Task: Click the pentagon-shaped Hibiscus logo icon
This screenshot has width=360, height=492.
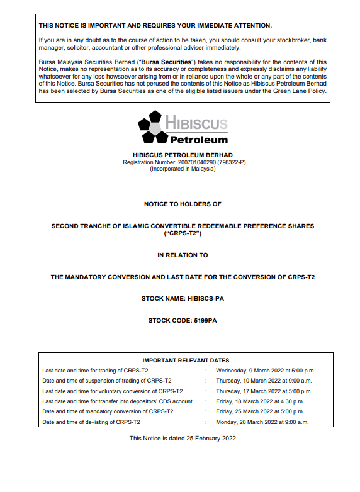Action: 151,126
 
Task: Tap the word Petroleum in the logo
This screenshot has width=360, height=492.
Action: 198,139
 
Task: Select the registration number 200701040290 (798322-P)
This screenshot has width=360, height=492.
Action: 184,162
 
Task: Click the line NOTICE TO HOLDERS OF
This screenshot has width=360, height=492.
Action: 183,204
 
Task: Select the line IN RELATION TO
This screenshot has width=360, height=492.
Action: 183,255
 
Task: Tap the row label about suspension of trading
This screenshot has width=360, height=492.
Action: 107,381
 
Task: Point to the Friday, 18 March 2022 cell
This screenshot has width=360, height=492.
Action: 259,401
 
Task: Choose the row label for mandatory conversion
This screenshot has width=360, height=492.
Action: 108,411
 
